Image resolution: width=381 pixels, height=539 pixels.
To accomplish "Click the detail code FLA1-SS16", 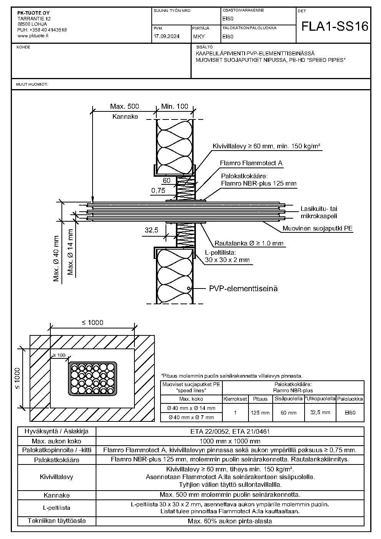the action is [x=335, y=27].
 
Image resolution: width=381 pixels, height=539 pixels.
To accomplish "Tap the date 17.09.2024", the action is [x=166, y=36].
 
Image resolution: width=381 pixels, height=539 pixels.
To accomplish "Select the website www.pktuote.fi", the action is [x=33, y=36].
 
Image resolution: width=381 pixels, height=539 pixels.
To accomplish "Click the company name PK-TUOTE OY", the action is [x=33, y=13].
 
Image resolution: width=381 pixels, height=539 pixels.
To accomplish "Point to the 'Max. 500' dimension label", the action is [x=124, y=106].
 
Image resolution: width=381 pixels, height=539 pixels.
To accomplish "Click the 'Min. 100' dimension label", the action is [x=175, y=106].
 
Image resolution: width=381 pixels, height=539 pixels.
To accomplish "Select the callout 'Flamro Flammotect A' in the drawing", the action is [x=251, y=163].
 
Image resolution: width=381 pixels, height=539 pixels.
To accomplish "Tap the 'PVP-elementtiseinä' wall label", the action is [x=243, y=289].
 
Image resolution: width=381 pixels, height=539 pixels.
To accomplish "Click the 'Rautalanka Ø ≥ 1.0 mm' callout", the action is [x=249, y=243].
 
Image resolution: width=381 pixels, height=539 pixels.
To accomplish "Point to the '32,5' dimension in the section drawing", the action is [x=151, y=230].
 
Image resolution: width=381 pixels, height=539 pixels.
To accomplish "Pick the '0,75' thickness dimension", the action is [x=158, y=191].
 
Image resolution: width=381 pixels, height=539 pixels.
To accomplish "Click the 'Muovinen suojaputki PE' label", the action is [x=318, y=228].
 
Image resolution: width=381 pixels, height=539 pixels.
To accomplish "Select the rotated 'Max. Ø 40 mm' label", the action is [x=56, y=259].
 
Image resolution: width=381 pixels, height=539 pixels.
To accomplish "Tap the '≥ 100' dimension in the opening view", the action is [x=59, y=355].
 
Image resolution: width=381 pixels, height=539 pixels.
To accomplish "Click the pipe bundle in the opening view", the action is [x=93, y=379].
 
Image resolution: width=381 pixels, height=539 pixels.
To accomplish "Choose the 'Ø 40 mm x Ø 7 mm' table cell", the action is [x=191, y=417].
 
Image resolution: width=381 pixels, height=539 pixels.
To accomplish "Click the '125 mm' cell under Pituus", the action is [x=260, y=413].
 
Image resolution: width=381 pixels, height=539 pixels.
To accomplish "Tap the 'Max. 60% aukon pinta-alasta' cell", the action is [x=230, y=521].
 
